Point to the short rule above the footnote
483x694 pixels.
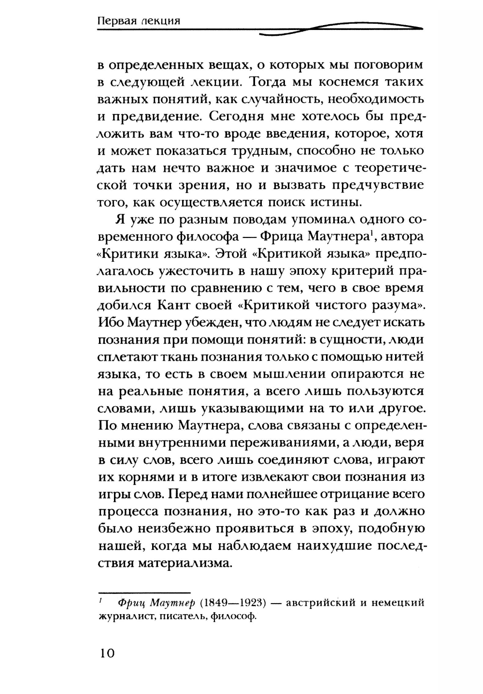[144, 592]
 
